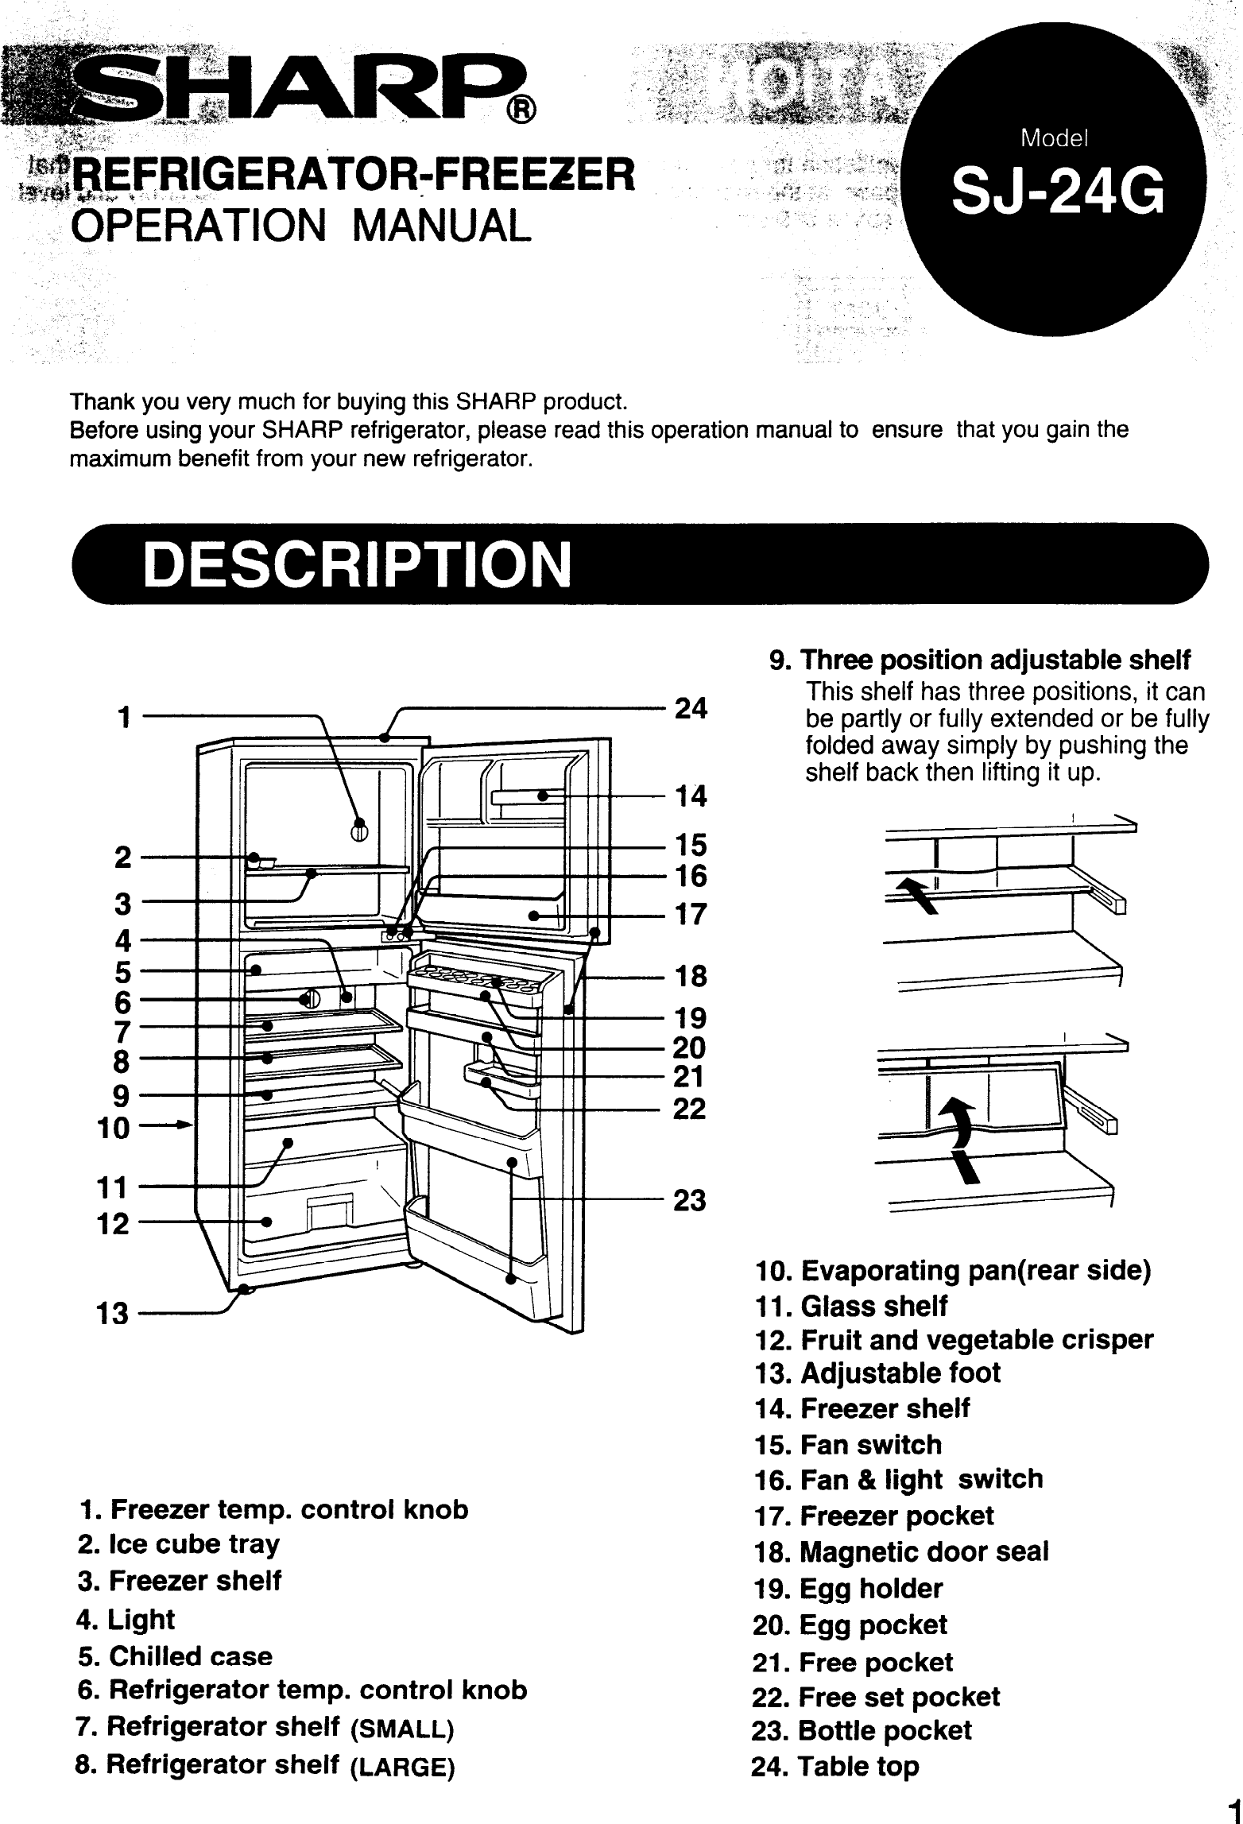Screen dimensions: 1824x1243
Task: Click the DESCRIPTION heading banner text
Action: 357,564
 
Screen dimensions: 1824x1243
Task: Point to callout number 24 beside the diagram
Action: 690,708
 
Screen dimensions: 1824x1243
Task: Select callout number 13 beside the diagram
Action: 112,1314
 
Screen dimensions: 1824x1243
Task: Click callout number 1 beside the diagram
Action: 123,717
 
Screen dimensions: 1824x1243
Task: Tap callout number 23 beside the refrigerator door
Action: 689,1200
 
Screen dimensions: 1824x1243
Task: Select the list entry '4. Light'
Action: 126,1619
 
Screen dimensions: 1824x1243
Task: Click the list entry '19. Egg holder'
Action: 847,1589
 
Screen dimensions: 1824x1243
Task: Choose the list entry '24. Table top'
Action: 835,1766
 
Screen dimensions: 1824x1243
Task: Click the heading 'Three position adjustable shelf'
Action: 995,660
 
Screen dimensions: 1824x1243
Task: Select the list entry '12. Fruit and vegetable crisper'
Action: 953,1339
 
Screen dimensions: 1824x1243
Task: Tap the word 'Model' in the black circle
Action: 1054,139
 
